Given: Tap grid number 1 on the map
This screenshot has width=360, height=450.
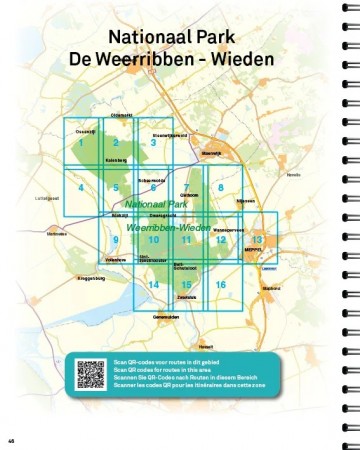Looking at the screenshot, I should tap(80, 143).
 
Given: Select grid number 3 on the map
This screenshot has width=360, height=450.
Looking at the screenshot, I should tap(153, 143).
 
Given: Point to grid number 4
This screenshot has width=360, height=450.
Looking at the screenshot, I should tap(80, 187).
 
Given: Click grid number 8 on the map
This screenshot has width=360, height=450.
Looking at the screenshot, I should tap(220, 187).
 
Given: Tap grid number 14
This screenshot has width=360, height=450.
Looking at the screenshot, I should tap(153, 285).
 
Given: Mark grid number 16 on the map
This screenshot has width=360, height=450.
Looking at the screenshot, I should tap(220, 285).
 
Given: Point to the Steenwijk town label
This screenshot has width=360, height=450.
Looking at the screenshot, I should tap(210, 153).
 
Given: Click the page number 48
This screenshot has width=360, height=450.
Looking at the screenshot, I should tap(11, 441).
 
